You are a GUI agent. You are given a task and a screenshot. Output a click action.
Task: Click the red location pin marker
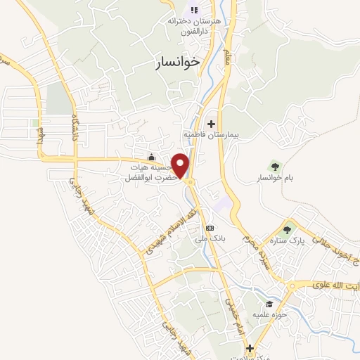pyautogui.click(x=181, y=165)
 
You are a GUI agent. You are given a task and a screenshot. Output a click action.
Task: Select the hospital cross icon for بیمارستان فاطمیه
pyautogui.click(x=211, y=124)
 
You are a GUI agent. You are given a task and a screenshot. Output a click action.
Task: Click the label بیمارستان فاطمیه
pyautogui.click(x=212, y=134)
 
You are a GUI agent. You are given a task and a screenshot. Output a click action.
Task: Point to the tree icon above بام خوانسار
pyautogui.click(x=275, y=167)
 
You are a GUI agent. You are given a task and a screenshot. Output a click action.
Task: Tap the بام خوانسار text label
pyautogui.click(x=274, y=178)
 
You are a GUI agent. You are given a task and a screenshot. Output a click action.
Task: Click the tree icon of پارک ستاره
pyautogui.click(x=287, y=228)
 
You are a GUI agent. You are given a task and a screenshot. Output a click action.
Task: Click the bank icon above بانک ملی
pyautogui.click(x=210, y=229)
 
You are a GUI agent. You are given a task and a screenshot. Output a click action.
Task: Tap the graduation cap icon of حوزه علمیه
pyautogui.click(x=269, y=304)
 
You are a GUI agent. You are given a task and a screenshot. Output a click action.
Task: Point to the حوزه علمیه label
pyautogui.click(x=269, y=314)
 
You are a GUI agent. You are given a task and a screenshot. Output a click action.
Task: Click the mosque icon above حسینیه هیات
pyautogui.click(x=151, y=157)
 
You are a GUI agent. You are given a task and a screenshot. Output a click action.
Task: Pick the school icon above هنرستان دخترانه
pyautogui.click(x=194, y=11)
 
